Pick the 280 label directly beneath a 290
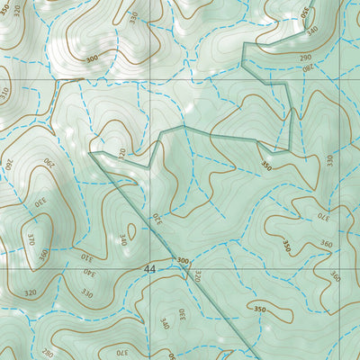click(x=308, y=67)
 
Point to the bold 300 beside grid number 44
click(x=183, y=262)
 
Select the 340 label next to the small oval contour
click(x=122, y=241)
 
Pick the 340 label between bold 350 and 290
click(x=312, y=31)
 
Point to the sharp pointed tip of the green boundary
click(x=94, y=155)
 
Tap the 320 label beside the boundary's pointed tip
click(x=122, y=153)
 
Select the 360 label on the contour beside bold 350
click(x=324, y=245)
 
